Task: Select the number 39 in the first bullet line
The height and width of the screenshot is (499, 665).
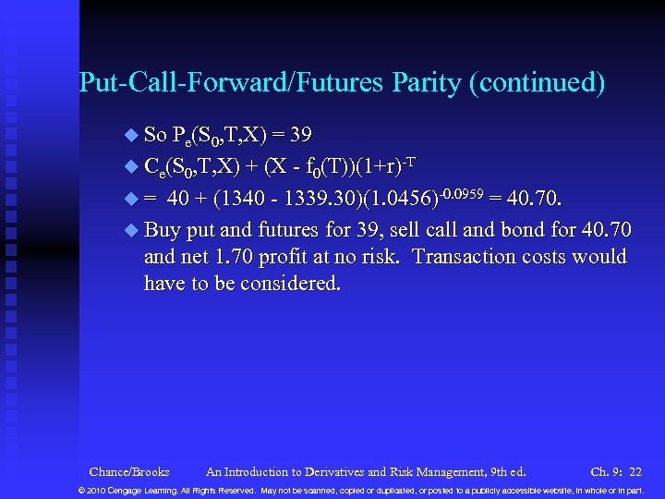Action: coord(300,135)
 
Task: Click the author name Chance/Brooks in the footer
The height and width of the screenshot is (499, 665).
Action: coord(129,472)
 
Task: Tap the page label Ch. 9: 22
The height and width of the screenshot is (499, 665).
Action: coord(616,472)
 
